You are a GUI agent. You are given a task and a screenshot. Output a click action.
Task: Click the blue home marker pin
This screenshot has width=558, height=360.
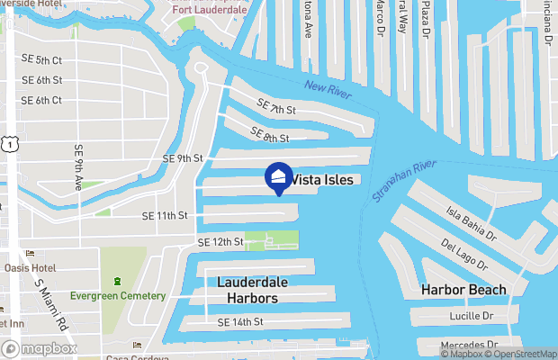[x=278, y=179]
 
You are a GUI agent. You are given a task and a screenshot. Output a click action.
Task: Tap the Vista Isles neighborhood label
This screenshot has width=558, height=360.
[x=328, y=179]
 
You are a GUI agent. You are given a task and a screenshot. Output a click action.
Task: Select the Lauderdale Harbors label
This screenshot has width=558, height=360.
[x=254, y=289]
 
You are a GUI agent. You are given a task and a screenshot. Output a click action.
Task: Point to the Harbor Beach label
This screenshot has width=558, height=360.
[x=463, y=290]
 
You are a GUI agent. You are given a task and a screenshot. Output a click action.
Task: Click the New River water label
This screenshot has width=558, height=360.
[x=326, y=90]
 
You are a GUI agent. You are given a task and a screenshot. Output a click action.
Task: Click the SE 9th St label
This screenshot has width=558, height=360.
[x=183, y=158]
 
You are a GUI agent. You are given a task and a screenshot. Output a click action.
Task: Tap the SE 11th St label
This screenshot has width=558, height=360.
[x=165, y=216]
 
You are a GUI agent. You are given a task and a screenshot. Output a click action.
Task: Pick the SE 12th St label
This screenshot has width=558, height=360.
[x=220, y=243]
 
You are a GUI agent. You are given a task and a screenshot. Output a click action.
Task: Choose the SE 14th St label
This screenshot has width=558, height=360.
[x=239, y=321]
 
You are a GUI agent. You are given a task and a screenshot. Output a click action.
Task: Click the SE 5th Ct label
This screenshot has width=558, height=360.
[x=41, y=60]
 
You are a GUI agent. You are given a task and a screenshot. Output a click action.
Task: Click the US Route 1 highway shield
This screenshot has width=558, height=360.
[x=8, y=143]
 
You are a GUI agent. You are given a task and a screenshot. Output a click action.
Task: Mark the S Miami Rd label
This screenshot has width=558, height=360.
[x=51, y=302]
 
